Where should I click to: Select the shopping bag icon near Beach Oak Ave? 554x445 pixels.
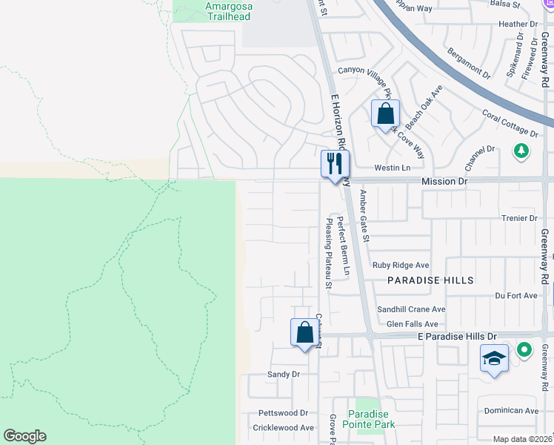(x=385, y=114)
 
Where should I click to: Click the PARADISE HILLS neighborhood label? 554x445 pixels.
(x=430, y=280)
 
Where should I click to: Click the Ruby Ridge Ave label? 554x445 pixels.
(x=401, y=265)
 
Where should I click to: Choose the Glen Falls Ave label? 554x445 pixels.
(x=413, y=324)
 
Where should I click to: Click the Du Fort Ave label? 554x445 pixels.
(x=515, y=295)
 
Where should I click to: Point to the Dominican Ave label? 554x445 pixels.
(x=511, y=410)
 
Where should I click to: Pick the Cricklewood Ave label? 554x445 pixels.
(x=284, y=428)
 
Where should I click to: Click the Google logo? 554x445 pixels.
(x=24, y=436)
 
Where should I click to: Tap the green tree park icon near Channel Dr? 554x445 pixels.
(x=521, y=151)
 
